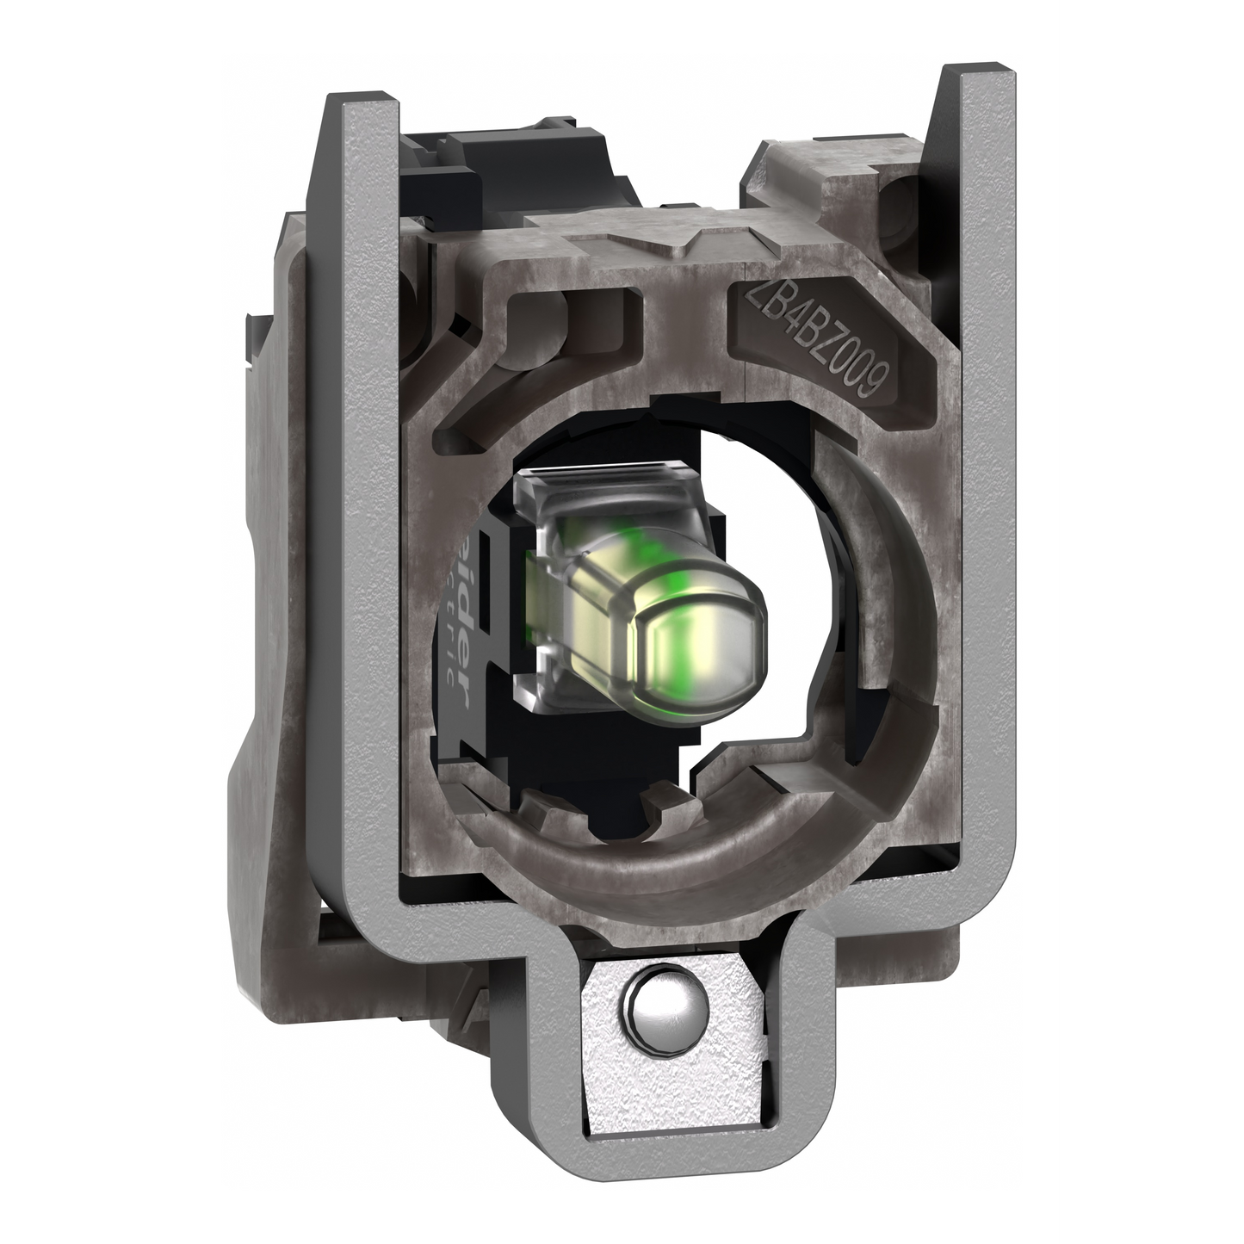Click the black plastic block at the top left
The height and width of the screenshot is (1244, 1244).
coord(469,155)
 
